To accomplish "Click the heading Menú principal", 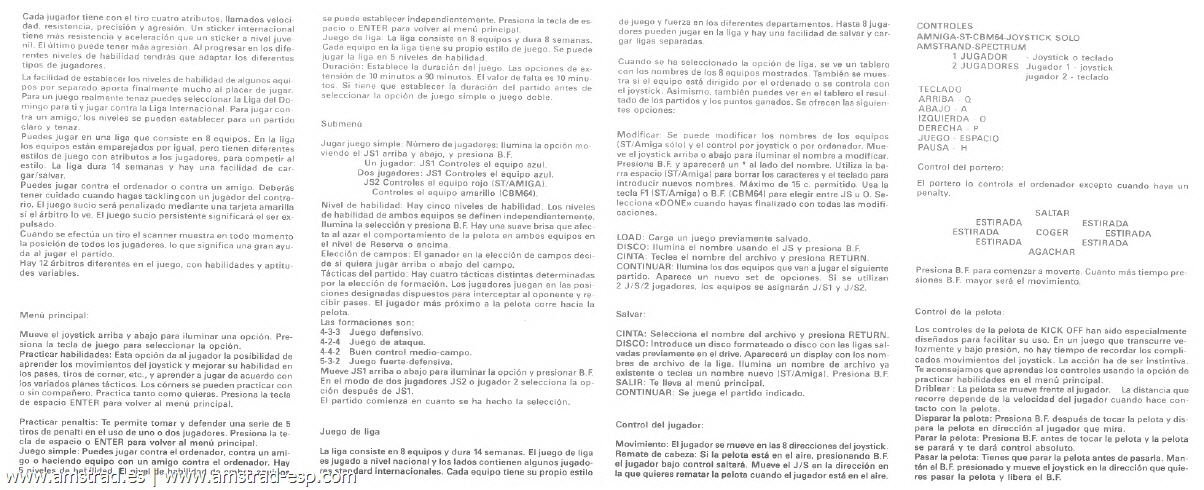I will tap(49, 313).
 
